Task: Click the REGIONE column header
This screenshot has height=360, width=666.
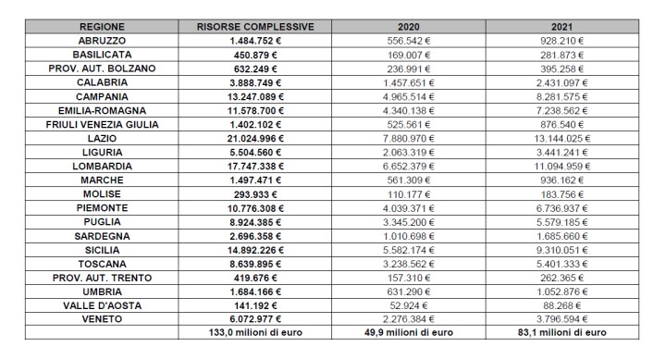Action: click(103, 28)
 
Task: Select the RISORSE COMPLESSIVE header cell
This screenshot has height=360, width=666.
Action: click(255, 28)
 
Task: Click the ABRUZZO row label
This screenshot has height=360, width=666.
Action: click(103, 42)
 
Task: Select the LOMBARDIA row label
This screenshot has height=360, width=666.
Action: click(103, 167)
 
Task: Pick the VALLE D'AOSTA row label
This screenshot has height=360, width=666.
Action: click(103, 304)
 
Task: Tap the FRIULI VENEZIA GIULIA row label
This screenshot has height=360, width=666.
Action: click(103, 125)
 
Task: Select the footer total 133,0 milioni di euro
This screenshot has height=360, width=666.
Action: click(255, 332)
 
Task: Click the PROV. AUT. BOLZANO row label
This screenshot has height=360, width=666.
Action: click(103, 69)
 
